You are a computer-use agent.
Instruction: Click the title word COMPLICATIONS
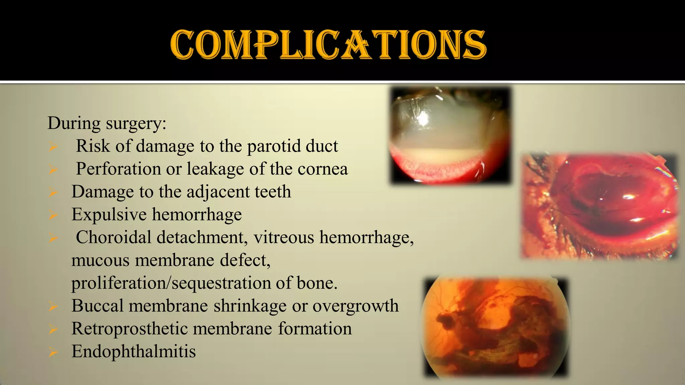[328, 44]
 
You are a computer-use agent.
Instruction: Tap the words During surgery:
[107, 123]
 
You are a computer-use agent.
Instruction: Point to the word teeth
[273, 191]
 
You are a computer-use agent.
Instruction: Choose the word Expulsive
[109, 215]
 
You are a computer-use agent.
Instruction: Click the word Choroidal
[114, 237]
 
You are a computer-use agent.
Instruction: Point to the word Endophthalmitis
[133, 351]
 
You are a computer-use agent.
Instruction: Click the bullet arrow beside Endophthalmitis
[53, 352]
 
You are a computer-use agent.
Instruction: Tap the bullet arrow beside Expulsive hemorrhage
[53, 215]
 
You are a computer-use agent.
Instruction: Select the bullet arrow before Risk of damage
[53, 146]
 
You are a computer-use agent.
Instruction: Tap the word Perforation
[118, 169]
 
